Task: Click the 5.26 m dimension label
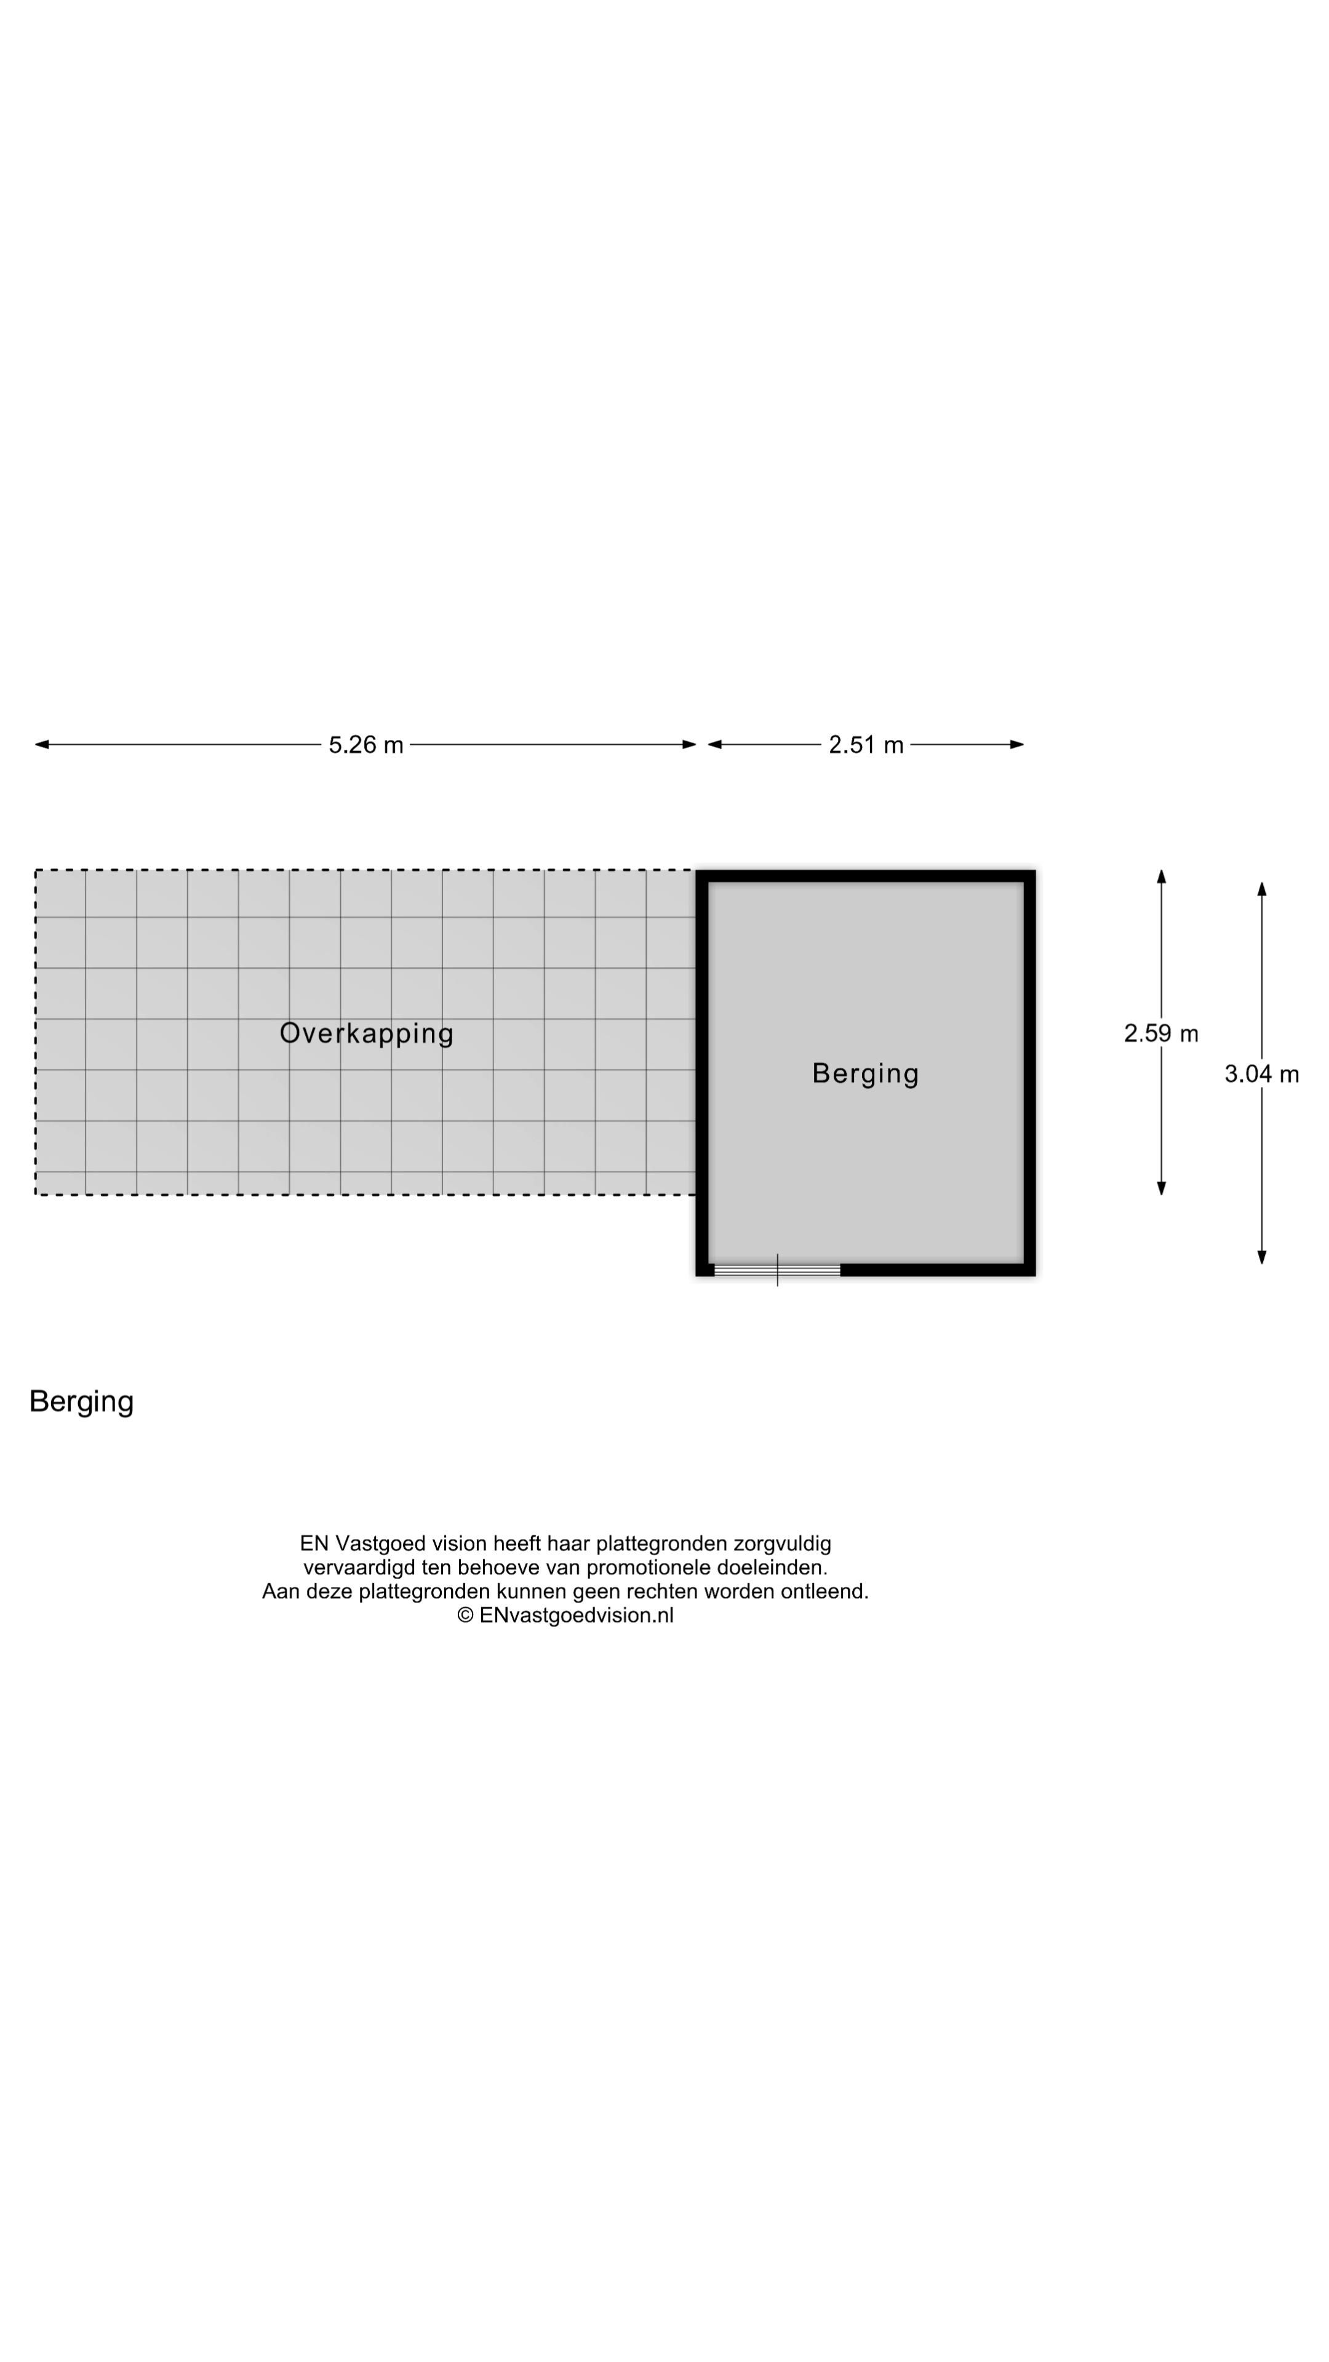[366, 744]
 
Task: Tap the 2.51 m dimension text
[866, 744]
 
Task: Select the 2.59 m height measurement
[1160, 1033]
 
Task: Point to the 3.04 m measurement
[1261, 1074]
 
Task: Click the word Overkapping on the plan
[366, 1033]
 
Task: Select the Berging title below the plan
[82, 1401]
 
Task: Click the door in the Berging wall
[777, 1270]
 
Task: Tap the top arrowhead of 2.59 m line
[1161, 877]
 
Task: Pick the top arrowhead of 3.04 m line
[1262, 888]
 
